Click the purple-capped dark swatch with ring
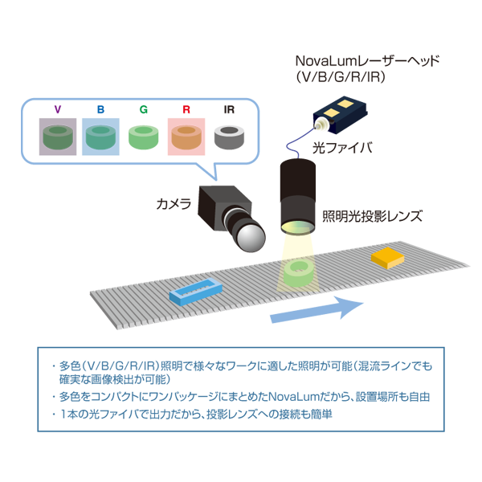[55, 136]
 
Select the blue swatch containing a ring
[100, 136]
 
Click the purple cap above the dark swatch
[55, 108]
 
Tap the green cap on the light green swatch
[142, 108]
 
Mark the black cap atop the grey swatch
[228, 109]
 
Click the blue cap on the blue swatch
[99, 108]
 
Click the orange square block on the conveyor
[388, 258]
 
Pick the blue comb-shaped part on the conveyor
[196, 291]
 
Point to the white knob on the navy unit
[322, 125]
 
